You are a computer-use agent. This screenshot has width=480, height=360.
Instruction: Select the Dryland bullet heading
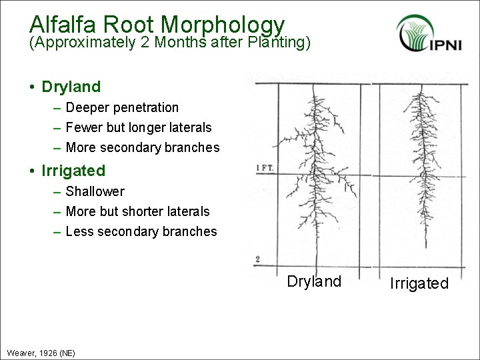pyautogui.click(x=71, y=87)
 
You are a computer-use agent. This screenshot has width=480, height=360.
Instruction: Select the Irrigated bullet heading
pyautogui.click(x=73, y=171)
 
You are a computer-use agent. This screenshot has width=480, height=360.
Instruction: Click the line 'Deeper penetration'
pyautogui.click(x=122, y=107)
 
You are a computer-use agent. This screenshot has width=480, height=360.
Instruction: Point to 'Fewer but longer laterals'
pyautogui.click(x=139, y=127)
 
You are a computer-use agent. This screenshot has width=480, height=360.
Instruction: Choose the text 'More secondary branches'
pyautogui.click(x=143, y=147)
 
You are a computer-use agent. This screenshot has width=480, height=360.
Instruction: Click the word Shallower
pyautogui.click(x=95, y=191)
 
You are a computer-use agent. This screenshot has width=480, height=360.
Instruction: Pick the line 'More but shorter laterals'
pyautogui.click(x=137, y=211)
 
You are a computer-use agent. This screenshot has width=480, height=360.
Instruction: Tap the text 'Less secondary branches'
pyautogui.click(x=141, y=231)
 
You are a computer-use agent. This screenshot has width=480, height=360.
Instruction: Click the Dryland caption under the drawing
pyautogui.click(x=314, y=281)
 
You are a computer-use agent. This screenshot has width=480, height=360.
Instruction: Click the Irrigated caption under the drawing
pyautogui.click(x=419, y=283)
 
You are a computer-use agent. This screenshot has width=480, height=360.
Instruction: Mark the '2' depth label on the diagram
pyautogui.click(x=257, y=259)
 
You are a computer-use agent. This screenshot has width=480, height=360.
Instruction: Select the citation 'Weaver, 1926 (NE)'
pyautogui.click(x=41, y=352)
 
